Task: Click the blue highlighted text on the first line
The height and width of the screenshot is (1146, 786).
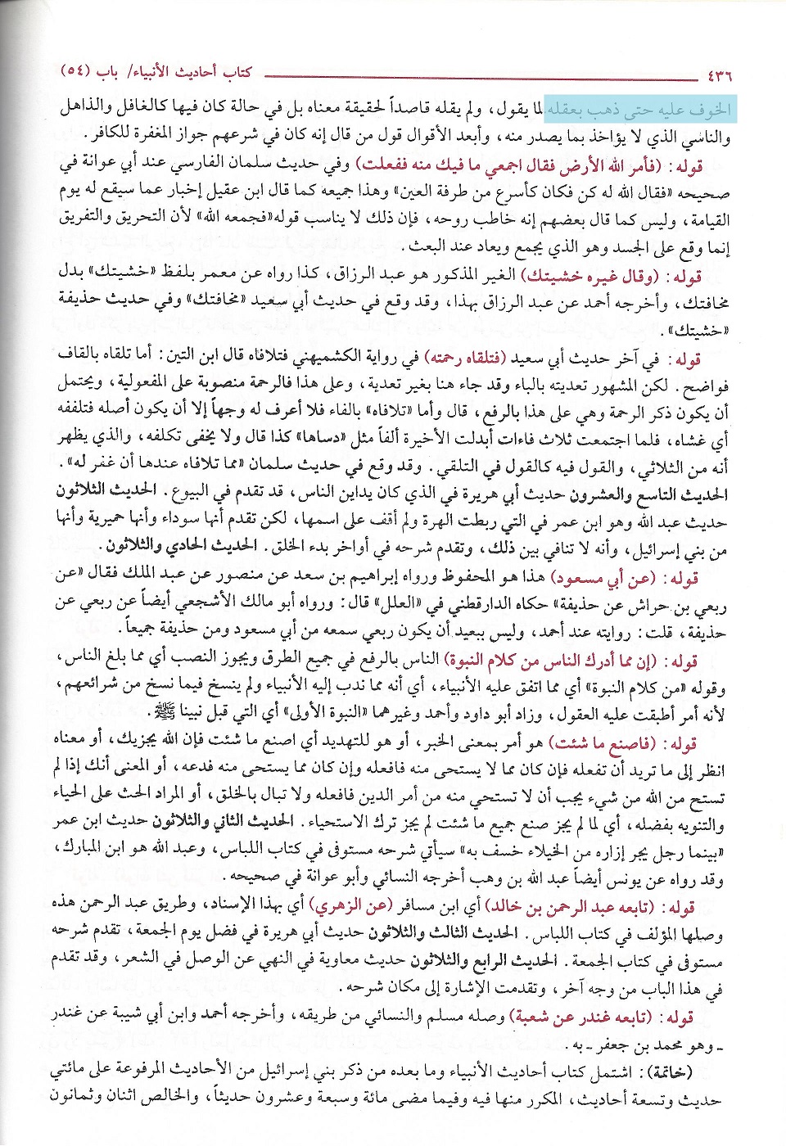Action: pos(638,110)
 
